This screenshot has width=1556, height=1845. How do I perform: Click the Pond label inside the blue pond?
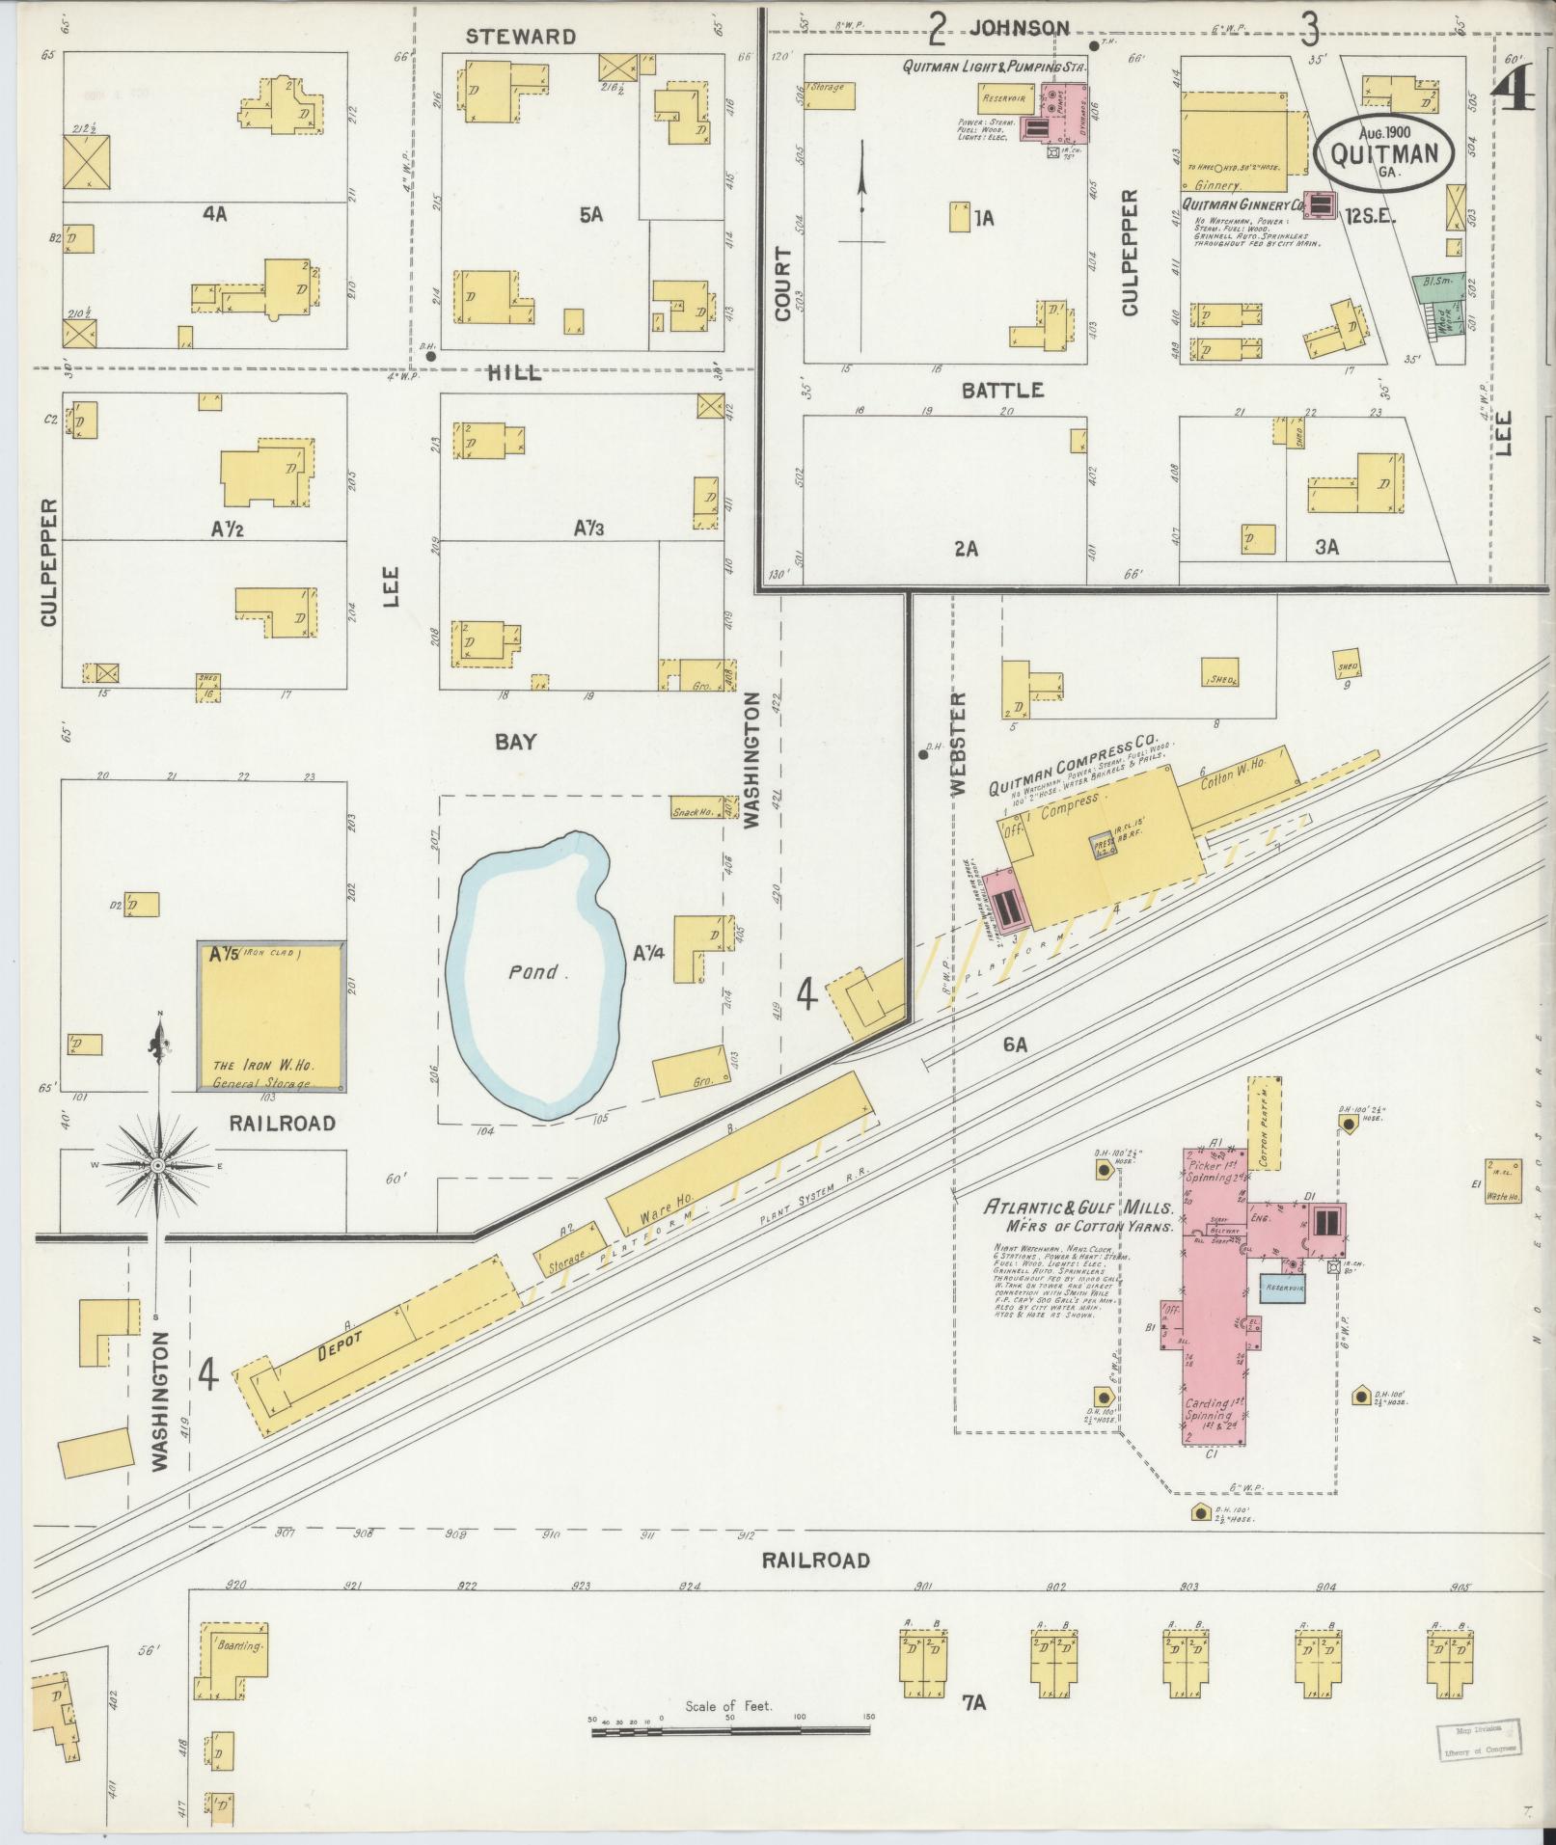click(x=532, y=972)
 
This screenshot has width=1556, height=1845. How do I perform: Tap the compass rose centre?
click(x=157, y=1166)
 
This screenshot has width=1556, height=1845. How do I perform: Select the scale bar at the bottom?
click(x=730, y=1732)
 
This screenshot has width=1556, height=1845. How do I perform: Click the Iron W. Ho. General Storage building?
click(x=271, y=1017)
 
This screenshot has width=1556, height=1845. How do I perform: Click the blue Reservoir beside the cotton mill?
click(x=1288, y=1289)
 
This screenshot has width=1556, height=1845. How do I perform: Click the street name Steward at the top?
click(x=520, y=38)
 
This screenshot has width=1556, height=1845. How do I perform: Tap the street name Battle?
click(x=1003, y=390)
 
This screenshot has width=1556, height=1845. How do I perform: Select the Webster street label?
click(x=957, y=743)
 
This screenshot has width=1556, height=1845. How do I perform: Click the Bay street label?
click(x=515, y=742)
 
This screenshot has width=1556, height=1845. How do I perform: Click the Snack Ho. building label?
click(x=693, y=812)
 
